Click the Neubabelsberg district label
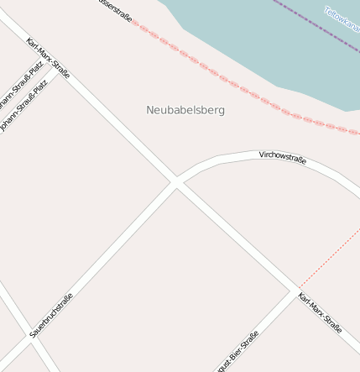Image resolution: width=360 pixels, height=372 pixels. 185,110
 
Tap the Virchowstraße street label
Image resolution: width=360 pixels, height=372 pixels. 283,156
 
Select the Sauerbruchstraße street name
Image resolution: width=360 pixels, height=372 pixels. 51,316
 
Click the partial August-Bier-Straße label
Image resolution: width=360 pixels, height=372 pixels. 237,352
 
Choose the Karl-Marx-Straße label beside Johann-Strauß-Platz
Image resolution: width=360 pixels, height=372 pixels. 48,59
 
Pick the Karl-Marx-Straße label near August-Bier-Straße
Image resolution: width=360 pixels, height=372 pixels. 321,312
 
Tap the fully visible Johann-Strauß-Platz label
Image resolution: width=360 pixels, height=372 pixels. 24,106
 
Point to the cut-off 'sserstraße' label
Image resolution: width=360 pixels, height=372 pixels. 116,11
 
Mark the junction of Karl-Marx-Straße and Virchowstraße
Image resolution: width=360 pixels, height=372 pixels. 176,182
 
